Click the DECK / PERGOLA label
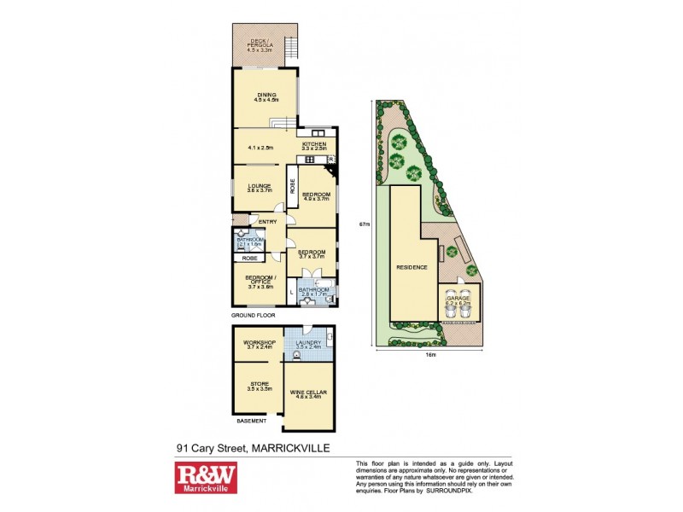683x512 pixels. coord(264,41)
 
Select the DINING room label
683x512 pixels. coord(266,94)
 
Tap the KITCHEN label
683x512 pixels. coord(313,144)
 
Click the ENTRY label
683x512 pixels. coord(267,223)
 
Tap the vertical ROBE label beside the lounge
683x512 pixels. coord(292,183)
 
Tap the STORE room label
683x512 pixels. coord(259,385)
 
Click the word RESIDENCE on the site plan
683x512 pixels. coord(411,268)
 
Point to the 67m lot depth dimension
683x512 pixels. coord(365,224)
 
